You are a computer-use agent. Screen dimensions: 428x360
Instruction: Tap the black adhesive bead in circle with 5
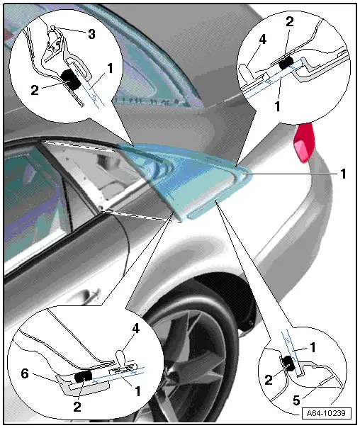coord(290,364)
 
